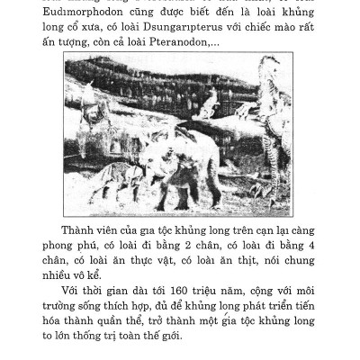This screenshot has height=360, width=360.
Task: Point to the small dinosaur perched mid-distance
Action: click(209, 105)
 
